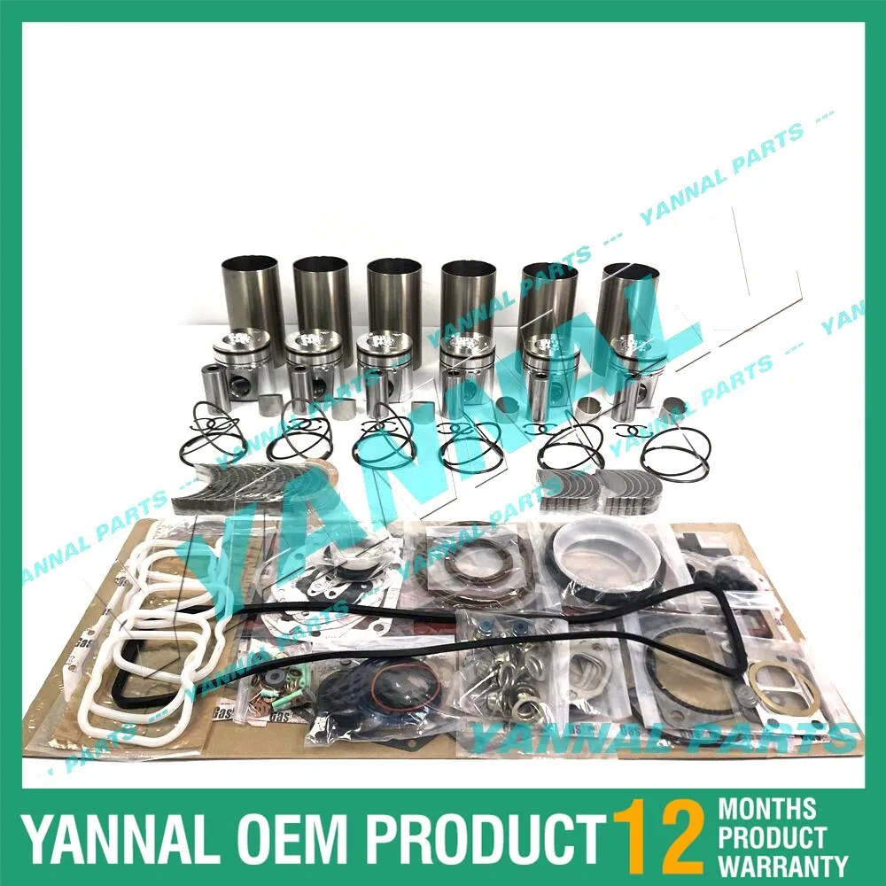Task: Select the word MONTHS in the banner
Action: pos(767,808)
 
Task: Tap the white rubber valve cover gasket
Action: pos(164,638)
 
